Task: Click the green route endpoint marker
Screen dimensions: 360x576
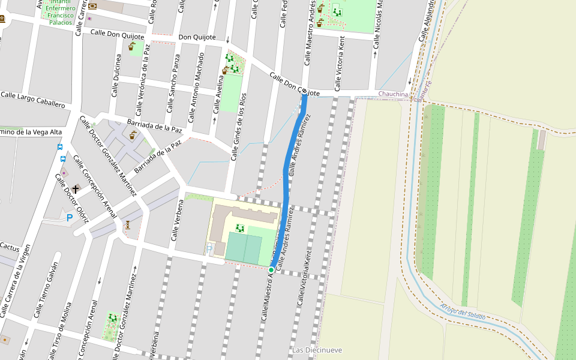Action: tap(271, 270)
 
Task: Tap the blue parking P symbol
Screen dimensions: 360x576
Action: tap(70, 218)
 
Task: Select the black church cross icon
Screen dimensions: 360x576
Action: tap(75, 188)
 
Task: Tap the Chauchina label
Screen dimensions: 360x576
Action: tap(393, 94)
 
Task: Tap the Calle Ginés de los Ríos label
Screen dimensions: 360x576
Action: tap(239, 127)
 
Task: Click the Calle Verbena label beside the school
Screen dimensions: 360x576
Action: tap(177, 220)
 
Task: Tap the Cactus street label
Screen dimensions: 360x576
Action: tap(10, 247)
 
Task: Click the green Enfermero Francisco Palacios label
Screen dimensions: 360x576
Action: tap(61, 15)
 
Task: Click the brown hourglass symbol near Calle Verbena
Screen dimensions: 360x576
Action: tap(128, 224)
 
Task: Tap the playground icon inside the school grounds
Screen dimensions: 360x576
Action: tap(240, 228)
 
